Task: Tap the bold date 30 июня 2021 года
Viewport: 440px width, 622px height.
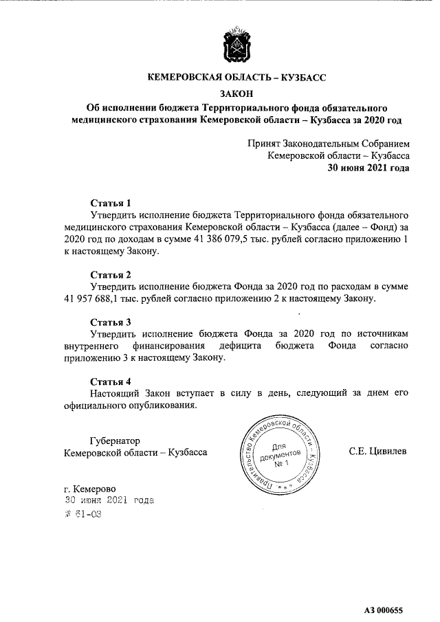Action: (x=368, y=168)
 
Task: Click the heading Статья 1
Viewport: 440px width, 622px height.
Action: (x=111, y=203)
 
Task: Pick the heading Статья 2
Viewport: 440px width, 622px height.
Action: (x=111, y=275)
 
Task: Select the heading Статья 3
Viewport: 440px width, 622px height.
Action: (x=111, y=322)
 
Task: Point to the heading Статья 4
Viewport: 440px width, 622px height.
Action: (x=111, y=381)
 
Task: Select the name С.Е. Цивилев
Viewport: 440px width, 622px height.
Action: (x=378, y=452)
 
